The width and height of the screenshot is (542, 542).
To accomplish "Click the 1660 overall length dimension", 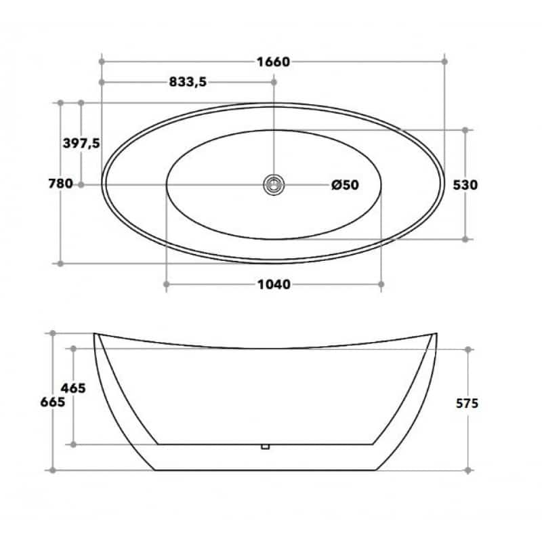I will pyautogui.click(x=273, y=62).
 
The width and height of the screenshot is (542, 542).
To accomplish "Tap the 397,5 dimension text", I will pyautogui.click(x=81, y=143).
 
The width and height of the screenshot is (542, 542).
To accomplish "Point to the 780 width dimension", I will pyautogui.click(x=60, y=184).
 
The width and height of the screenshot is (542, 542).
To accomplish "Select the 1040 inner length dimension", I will pyautogui.click(x=273, y=285).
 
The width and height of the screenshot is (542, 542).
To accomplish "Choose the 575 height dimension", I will pyautogui.click(x=467, y=403).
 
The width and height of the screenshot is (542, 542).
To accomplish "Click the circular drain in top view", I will pyautogui.click(x=274, y=184).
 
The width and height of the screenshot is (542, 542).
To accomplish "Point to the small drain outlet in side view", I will pyautogui.click(x=266, y=446).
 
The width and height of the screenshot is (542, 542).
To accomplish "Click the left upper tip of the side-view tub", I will pyautogui.click(x=94, y=333).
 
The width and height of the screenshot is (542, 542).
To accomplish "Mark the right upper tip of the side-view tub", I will pyautogui.click(x=436, y=333).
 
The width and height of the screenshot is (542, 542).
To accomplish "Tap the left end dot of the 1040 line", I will pyautogui.click(x=166, y=285).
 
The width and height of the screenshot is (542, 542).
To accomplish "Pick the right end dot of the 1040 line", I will pyautogui.click(x=381, y=285).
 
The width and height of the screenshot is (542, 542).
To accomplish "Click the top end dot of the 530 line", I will pyautogui.click(x=466, y=129).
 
